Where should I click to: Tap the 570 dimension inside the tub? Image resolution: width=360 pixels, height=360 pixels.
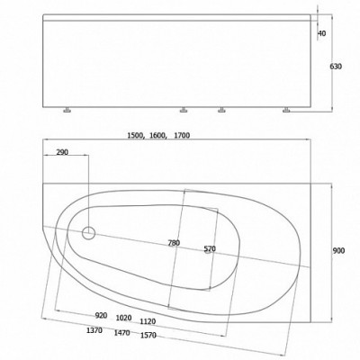click(x=209, y=248)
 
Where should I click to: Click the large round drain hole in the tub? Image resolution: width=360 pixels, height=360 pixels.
click(x=88, y=234)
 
